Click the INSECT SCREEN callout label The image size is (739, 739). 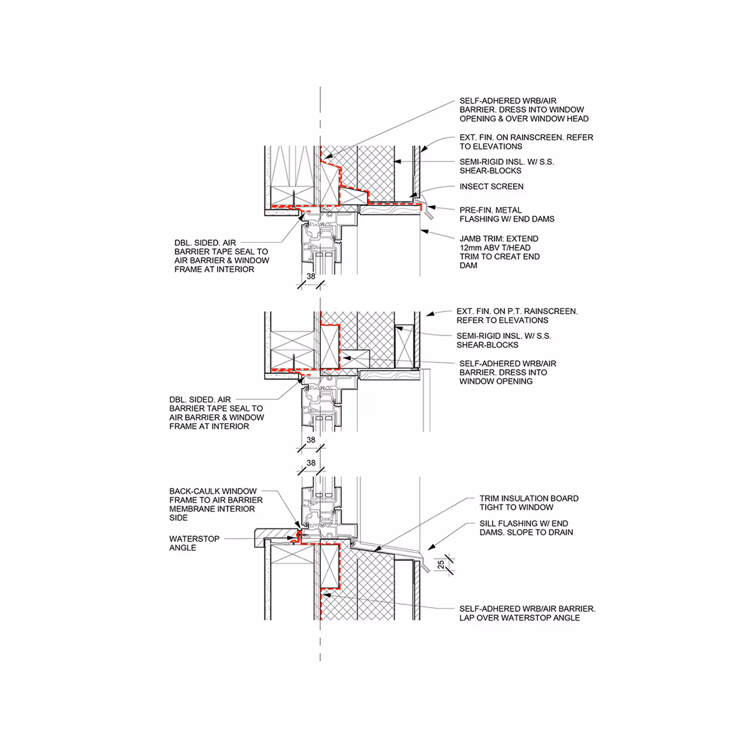[491, 187]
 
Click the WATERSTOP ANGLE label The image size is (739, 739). [194, 543]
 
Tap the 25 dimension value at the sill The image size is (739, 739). [441, 565]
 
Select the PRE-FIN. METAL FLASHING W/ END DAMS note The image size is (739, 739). [507, 215]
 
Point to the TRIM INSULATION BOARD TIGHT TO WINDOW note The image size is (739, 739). [528, 503]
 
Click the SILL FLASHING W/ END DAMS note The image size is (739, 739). [526, 528]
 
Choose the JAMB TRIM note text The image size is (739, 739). [499, 252]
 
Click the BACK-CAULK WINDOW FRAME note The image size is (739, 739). [215, 504]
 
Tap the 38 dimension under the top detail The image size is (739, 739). [311, 276]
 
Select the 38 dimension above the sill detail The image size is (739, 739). [311, 463]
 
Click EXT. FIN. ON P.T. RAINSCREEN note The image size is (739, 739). [517, 316]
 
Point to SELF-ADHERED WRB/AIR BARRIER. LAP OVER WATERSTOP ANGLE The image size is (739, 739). [527, 613]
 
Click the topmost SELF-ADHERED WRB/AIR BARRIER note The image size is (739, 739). [524, 110]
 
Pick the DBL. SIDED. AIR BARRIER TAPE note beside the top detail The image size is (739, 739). [221, 256]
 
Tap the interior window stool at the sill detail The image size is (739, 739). [276, 535]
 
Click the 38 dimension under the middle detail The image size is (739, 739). [311, 440]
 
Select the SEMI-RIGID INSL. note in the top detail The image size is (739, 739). [506, 166]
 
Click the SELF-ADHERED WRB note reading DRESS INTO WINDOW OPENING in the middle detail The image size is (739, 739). [507, 372]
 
